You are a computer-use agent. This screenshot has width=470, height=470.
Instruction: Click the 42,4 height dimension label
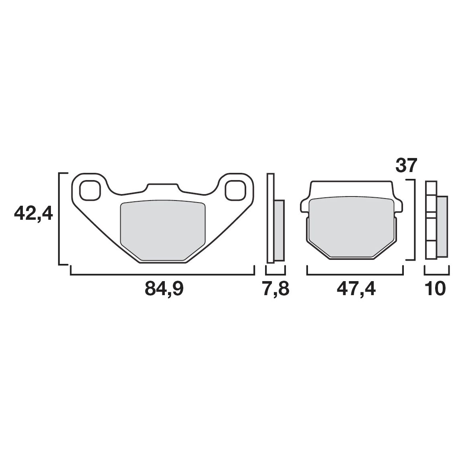pos(33,213)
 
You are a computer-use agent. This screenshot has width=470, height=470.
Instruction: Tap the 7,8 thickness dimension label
pos(276,288)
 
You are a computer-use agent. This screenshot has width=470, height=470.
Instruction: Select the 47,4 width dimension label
pos(356,288)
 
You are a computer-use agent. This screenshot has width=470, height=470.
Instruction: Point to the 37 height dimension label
pos(407,165)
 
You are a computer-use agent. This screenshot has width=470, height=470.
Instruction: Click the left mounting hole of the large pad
pos(90,190)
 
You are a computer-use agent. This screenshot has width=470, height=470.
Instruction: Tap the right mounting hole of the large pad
pos(235,190)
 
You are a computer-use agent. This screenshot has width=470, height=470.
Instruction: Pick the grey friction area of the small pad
pos(352,227)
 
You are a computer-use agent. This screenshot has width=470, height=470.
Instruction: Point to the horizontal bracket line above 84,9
pos(162,275)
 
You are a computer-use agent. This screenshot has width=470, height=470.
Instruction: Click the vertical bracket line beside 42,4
pos(59,219)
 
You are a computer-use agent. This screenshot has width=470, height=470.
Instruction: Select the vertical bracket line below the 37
pos(413,221)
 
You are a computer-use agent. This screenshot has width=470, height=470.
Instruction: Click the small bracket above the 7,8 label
pos(276,274)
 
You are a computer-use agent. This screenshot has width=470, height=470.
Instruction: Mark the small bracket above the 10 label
pos(437,274)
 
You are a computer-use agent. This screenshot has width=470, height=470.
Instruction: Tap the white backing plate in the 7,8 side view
pos(271,219)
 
